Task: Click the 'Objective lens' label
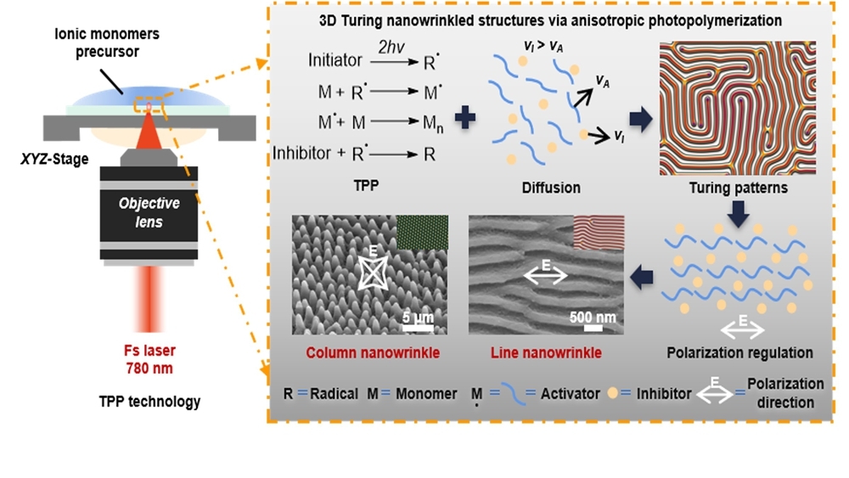coord(149,211)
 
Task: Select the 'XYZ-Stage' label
coord(56,158)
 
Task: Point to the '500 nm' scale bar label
coord(593,318)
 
